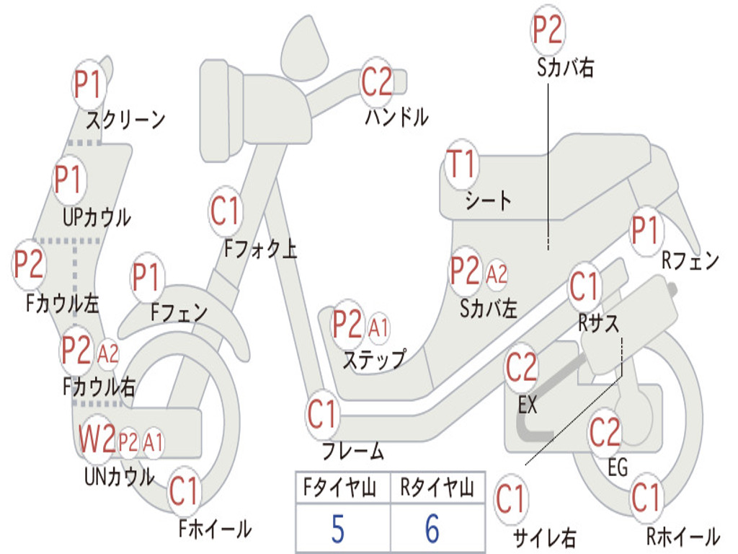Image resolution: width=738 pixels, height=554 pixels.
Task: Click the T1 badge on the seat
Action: click(x=462, y=165)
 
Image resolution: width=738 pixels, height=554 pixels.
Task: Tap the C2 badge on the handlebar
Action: click(x=377, y=82)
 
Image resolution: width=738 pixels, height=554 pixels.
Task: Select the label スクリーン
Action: click(x=126, y=119)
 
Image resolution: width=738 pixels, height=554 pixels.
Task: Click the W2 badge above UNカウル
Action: click(x=97, y=439)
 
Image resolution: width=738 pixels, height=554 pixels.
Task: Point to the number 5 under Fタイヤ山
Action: click(x=338, y=529)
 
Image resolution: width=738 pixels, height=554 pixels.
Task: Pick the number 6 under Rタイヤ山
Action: click(x=432, y=529)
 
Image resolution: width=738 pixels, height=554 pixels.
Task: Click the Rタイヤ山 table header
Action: click(x=437, y=489)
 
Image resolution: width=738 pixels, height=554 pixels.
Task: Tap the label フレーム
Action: click(x=353, y=452)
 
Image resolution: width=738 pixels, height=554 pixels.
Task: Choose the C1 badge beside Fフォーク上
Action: click(x=226, y=211)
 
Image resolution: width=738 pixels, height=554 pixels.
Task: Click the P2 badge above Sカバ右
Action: click(x=547, y=30)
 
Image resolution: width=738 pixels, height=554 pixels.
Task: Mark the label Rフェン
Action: click(x=690, y=261)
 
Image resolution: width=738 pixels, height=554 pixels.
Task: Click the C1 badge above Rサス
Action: click(x=584, y=287)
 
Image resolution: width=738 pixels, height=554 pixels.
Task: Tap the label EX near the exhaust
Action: click(x=528, y=405)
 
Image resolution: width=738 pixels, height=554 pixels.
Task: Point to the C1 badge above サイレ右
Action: click(x=510, y=499)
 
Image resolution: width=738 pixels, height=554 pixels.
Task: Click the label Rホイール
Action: click(x=683, y=536)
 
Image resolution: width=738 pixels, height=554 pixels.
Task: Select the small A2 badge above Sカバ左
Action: click(x=497, y=273)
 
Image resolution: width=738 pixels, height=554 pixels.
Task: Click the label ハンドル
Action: click(x=396, y=117)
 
